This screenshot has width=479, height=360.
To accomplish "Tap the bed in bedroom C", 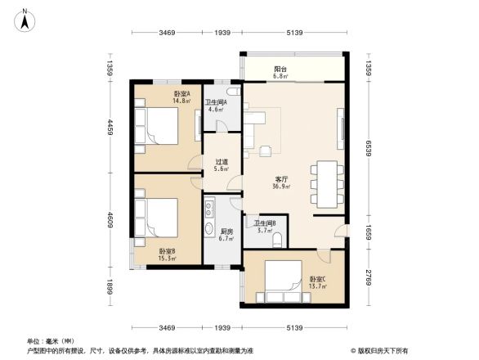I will click(278, 282).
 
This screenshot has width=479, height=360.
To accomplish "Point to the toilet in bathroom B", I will click(279, 240).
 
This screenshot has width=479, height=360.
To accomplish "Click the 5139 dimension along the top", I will click(295, 33).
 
